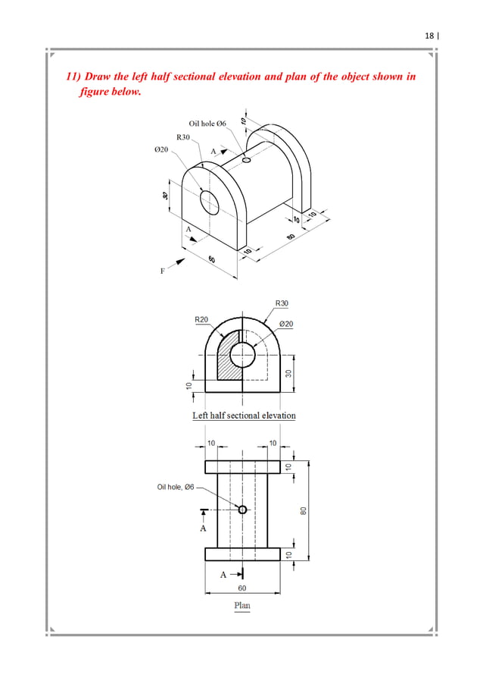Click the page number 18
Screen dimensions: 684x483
(x=429, y=36)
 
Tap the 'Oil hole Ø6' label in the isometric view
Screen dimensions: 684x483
(x=207, y=124)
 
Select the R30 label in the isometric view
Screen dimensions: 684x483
(x=183, y=137)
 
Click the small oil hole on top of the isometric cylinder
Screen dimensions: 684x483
(x=246, y=159)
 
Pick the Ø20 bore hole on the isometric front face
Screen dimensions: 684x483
(x=208, y=201)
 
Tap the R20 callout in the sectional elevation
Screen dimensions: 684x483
(x=201, y=320)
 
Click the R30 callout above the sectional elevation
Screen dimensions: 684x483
(x=282, y=303)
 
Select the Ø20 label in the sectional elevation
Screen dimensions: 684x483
(x=286, y=324)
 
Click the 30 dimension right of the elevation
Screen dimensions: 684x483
(x=288, y=373)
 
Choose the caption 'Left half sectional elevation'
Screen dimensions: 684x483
(x=244, y=415)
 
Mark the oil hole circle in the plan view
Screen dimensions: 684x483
(x=242, y=509)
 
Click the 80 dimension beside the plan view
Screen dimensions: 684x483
(x=303, y=510)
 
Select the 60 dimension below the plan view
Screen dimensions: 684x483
(x=242, y=588)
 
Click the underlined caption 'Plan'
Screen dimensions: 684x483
(x=241, y=605)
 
